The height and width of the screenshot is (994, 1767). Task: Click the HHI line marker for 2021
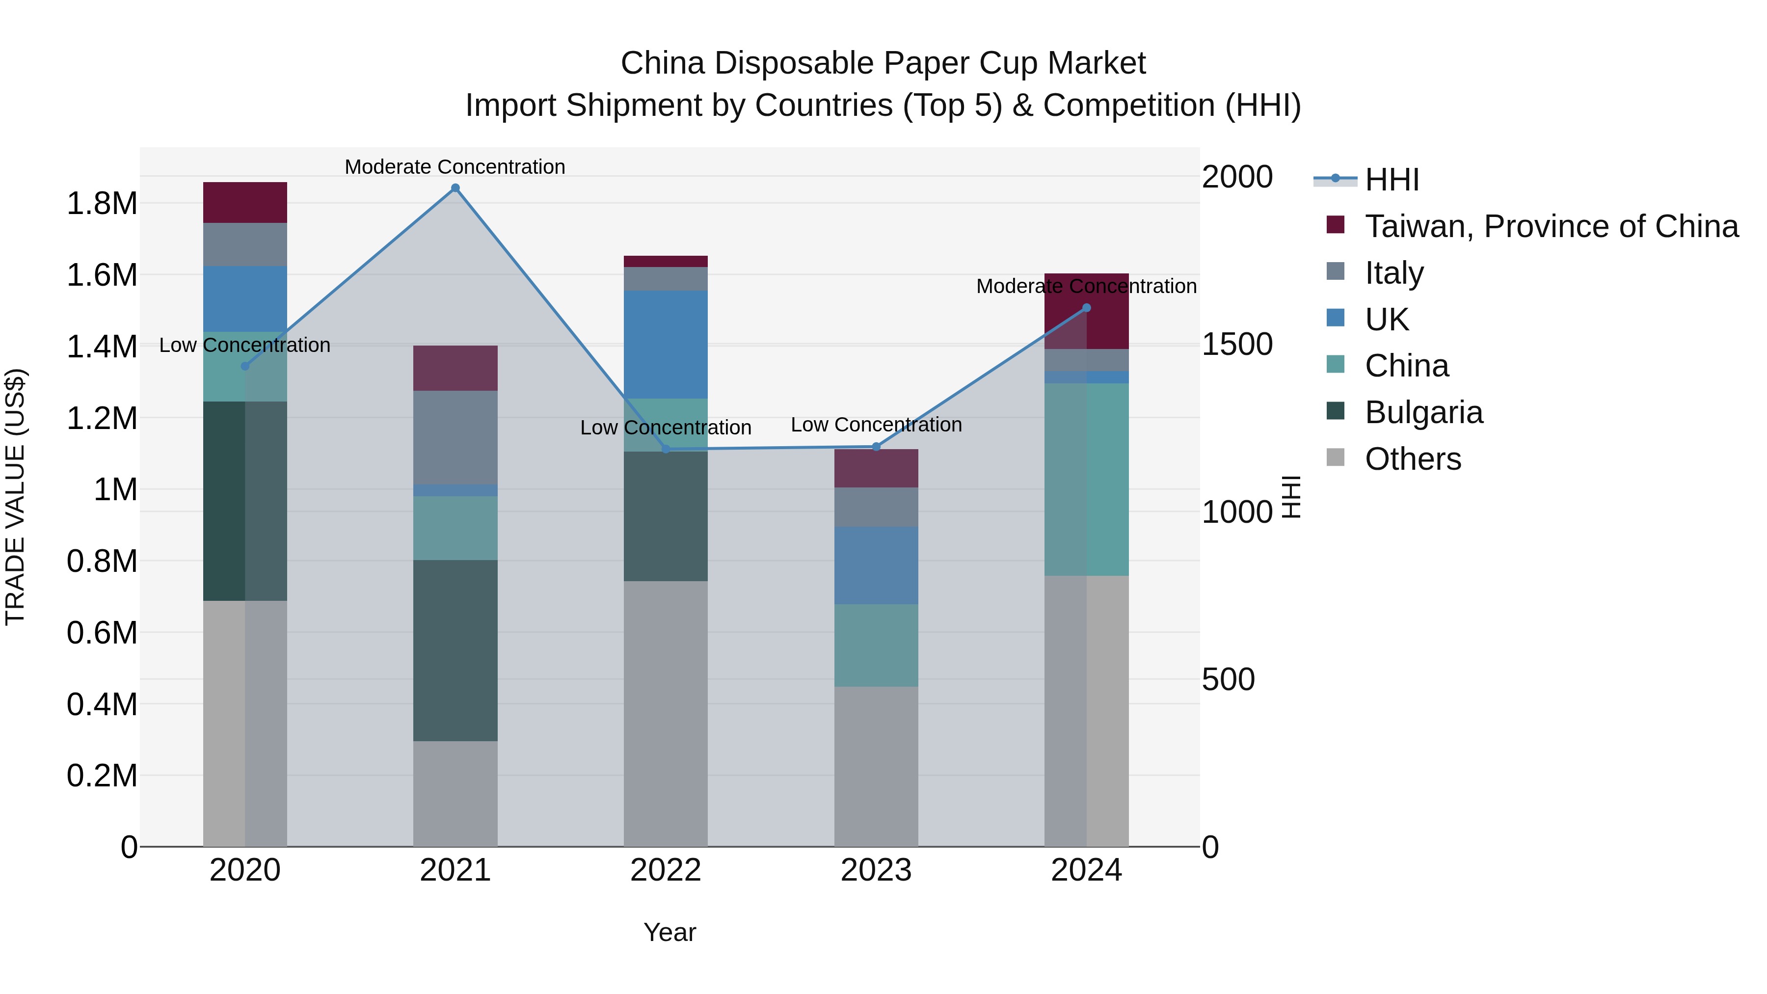(x=455, y=188)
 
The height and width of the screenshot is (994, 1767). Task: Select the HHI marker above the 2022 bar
(x=666, y=449)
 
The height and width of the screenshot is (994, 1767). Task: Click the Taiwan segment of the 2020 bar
(x=245, y=202)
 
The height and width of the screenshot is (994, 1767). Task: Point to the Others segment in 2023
(x=876, y=766)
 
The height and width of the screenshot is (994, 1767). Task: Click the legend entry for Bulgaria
(x=1423, y=412)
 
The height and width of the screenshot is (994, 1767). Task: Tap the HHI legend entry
(x=1391, y=180)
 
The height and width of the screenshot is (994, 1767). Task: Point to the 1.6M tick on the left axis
(x=102, y=275)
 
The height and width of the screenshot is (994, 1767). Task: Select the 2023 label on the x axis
(x=876, y=870)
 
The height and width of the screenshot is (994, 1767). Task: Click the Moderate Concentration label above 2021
(x=455, y=167)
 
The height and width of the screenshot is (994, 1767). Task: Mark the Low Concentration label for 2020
(x=245, y=345)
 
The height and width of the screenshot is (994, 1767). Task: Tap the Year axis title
(x=669, y=932)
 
